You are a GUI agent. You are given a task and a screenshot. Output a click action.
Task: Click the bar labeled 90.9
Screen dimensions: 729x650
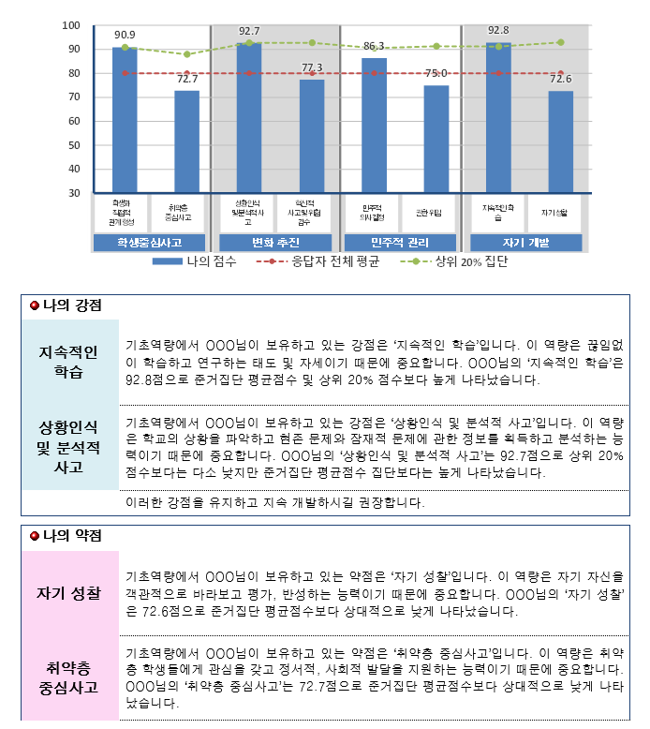tap(125, 120)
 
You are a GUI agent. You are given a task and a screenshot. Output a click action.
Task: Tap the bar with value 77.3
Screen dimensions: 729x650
tap(312, 136)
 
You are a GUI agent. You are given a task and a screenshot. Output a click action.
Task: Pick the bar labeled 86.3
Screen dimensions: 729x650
tap(374, 126)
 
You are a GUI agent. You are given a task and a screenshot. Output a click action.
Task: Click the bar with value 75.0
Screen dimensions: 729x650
tap(436, 139)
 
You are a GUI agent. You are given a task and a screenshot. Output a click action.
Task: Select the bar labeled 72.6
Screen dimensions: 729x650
tap(561, 141)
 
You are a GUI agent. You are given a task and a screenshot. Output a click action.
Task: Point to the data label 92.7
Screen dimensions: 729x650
tap(249, 31)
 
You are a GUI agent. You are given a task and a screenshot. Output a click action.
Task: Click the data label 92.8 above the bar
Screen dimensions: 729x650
tap(499, 31)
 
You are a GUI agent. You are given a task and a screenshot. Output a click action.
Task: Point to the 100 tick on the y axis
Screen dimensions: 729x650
tap(71, 25)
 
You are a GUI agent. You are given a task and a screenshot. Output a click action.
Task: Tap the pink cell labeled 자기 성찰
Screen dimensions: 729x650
tap(70, 593)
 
